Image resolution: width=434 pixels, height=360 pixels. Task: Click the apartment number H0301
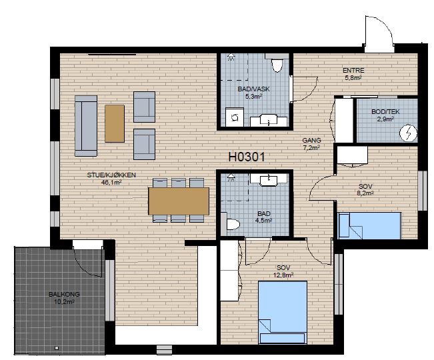point(247,157)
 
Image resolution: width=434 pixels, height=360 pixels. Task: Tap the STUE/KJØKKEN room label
point(111,175)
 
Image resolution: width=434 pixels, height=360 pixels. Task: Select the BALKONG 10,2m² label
point(64,298)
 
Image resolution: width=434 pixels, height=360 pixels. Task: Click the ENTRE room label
point(353,70)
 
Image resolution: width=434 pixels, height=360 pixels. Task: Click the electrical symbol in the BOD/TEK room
point(408,133)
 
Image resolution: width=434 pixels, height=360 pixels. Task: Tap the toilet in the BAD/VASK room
point(277,64)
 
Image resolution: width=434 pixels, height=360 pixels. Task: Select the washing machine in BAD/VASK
point(235,117)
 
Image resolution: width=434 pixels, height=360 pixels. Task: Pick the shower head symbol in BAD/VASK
point(231,57)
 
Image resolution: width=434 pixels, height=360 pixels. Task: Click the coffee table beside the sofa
point(115,123)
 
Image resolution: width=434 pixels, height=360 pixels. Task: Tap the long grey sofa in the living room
point(86,126)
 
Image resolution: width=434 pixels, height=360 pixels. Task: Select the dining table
point(179,201)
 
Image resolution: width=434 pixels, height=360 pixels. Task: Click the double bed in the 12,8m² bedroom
point(283,312)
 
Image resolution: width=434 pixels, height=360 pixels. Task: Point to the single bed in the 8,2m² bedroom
point(369,225)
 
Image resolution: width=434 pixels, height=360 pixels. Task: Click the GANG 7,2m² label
point(311,144)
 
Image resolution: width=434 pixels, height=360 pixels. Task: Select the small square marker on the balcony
point(57,348)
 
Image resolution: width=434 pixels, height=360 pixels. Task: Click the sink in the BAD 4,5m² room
point(269,180)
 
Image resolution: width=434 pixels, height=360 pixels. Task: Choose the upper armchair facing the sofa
point(144,107)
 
